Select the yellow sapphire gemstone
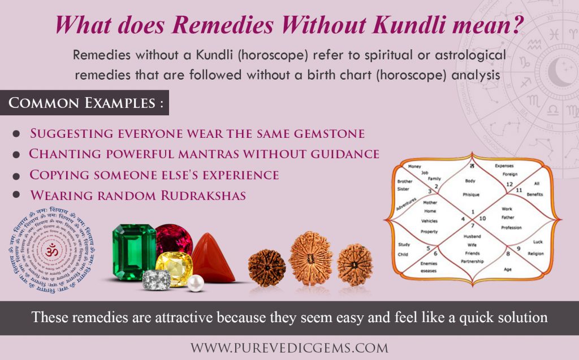(x=174, y=268)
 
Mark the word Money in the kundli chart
(x=414, y=167)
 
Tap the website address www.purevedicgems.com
(x=289, y=347)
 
